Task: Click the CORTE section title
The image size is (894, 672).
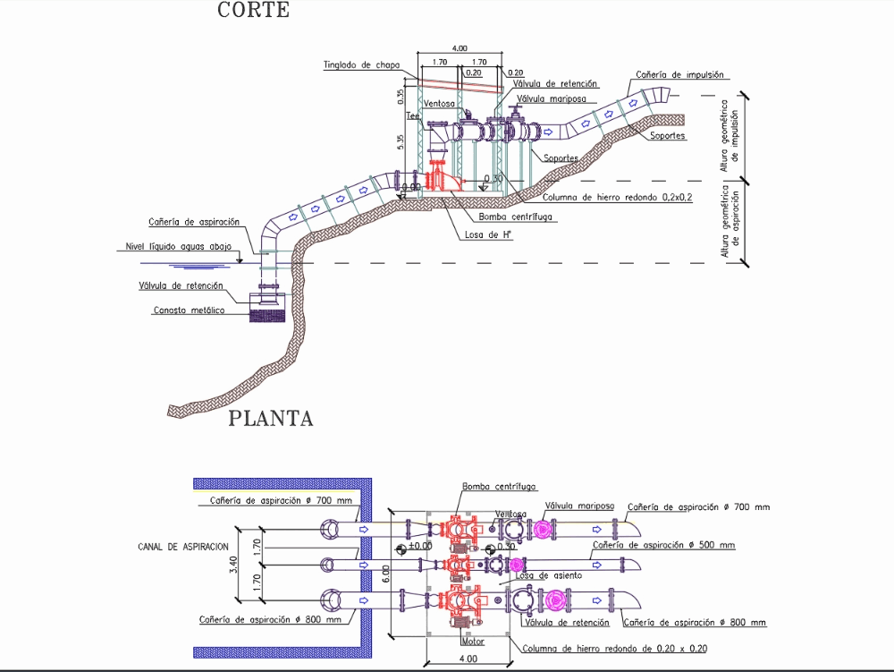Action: [254, 11]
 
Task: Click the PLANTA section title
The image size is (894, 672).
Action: [271, 418]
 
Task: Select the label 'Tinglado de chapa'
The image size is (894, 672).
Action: [361, 64]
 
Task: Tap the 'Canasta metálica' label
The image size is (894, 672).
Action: [189, 310]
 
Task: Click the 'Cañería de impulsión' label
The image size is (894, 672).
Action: [679, 75]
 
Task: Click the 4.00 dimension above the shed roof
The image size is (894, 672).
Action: [460, 47]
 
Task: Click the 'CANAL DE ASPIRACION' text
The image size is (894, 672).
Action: [184, 546]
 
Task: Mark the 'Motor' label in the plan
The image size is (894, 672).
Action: [473, 642]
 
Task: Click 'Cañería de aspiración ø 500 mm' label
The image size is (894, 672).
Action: [663, 544]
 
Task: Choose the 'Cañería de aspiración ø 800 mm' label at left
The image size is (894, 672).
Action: [271, 619]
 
